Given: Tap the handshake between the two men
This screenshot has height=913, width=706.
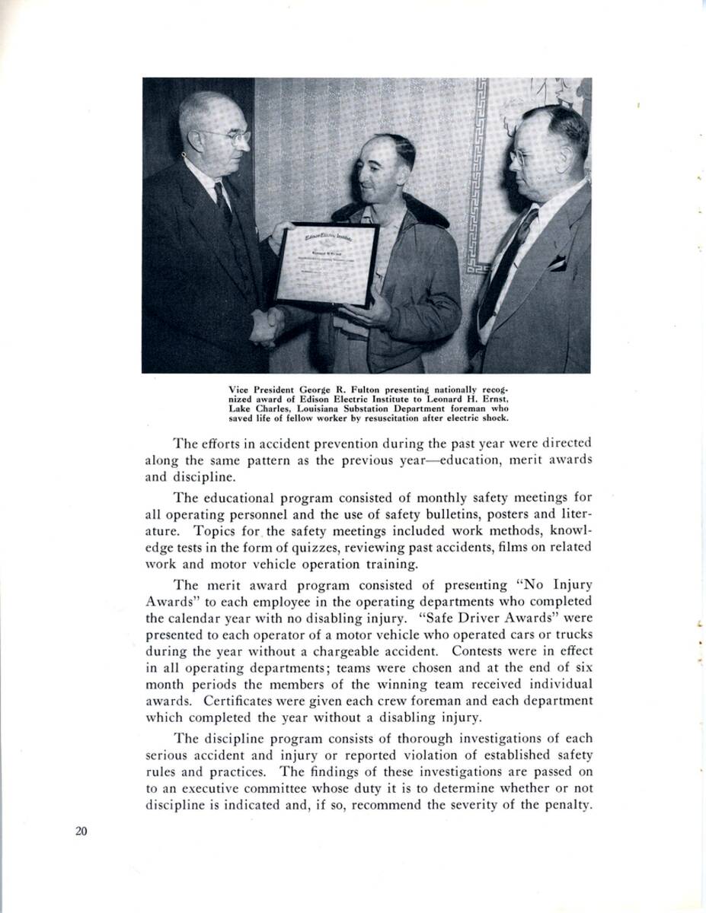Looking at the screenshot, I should [x=266, y=325].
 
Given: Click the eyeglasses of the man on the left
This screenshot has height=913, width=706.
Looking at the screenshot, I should [x=226, y=136].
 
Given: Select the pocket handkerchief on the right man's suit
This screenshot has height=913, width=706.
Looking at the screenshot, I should [x=558, y=262].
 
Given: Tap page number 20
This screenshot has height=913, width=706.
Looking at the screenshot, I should [x=81, y=831].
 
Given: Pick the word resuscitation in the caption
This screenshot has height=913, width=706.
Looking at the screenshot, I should [x=397, y=417].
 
